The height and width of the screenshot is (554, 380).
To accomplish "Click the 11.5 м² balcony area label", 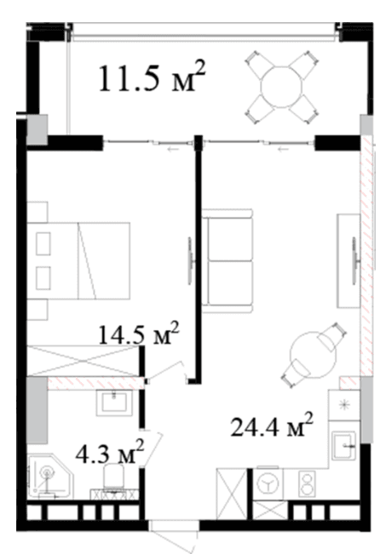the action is (152, 77).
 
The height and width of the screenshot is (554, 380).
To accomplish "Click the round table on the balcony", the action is (281, 87).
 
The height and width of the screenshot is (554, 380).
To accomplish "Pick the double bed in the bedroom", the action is (78, 260).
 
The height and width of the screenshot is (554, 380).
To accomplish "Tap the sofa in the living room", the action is (227, 261).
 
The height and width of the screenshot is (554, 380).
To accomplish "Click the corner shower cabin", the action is (49, 476).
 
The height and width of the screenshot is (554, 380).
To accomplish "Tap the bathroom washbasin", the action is (114, 403).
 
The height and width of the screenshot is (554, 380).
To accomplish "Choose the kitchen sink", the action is (344, 445).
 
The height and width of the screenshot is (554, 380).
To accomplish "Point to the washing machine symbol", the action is (268, 483).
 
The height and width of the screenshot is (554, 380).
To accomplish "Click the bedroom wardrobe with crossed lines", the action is (83, 360).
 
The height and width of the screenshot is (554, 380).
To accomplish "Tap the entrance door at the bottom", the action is (173, 534).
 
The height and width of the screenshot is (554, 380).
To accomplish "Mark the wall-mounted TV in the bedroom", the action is (190, 260).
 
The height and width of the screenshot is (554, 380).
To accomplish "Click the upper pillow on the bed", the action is (43, 243).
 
